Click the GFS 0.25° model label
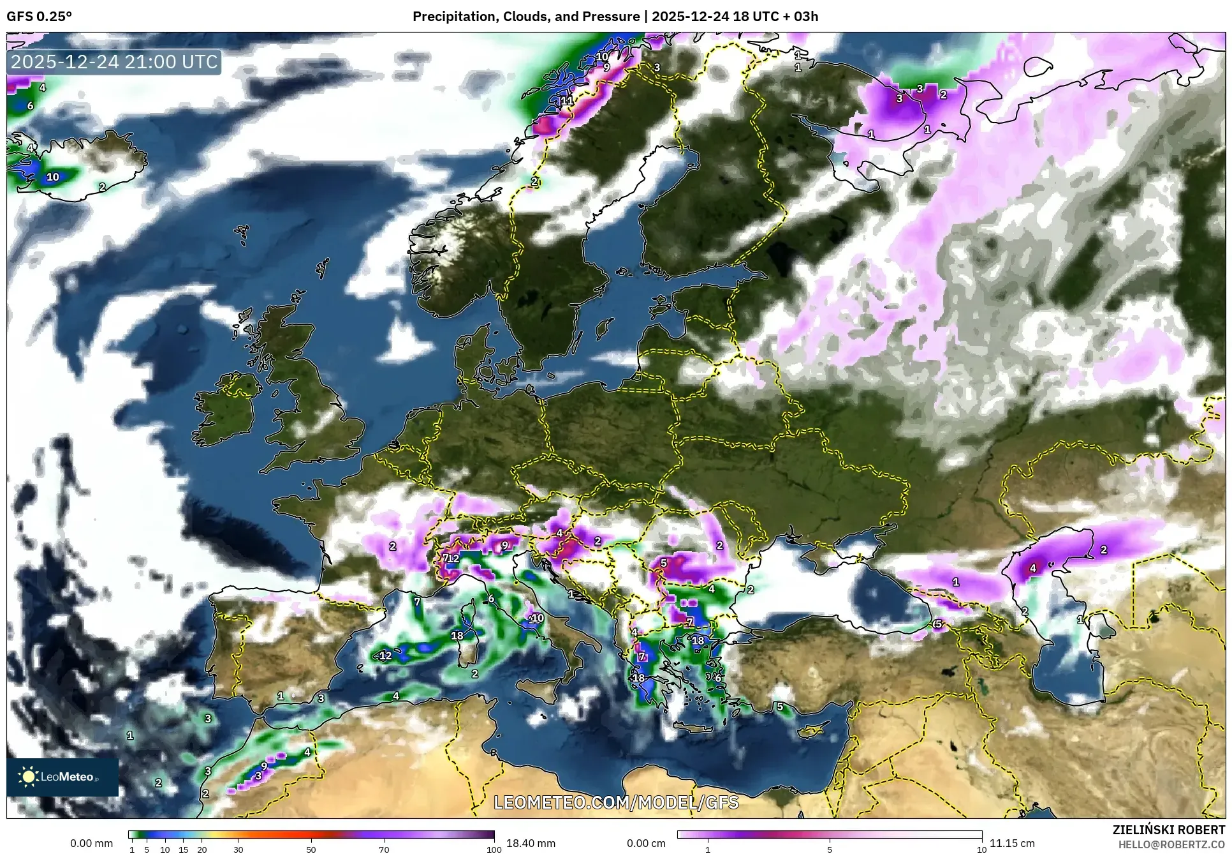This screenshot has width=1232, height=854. click(x=39, y=16)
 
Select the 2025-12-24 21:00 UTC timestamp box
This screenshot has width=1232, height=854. click(x=115, y=62)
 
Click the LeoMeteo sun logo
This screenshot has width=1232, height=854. click(x=28, y=777)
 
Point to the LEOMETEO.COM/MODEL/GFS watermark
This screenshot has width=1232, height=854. click(x=616, y=802)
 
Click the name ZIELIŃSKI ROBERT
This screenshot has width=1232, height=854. click(x=1169, y=830)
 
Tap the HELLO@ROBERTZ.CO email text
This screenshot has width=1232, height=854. click(x=1171, y=844)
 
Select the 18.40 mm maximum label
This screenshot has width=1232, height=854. click(x=531, y=843)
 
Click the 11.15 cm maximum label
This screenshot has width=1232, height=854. click(x=1012, y=843)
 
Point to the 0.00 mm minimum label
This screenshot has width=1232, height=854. click(x=91, y=843)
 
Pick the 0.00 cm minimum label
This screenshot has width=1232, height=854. click(x=646, y=843)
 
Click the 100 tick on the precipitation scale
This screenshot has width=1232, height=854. click(x=494, y=850)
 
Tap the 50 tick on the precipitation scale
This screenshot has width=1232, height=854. click(x=311, y=850)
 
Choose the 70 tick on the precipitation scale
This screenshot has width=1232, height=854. click(x=384, y=850)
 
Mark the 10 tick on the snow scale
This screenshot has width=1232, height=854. click(x=982, y=850)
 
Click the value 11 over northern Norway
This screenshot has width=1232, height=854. click(x=566, y=100)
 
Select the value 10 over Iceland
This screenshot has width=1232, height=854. click(x=52, y=177)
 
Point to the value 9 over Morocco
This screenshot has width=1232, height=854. click(x=264, y=766)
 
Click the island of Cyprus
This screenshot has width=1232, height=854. click(x=811, y=730)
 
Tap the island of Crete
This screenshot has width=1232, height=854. click(x=693, y=728)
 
